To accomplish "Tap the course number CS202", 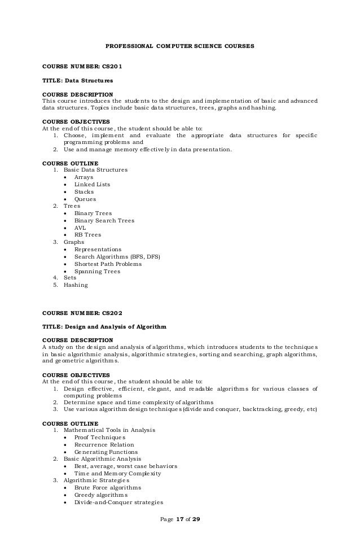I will click(111, 312).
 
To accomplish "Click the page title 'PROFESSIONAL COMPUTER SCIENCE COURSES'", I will click(180, 45).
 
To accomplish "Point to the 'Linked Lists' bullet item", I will click(92, 184).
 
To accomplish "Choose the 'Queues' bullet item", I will click(85, 199).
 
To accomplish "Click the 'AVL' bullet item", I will click(80, 228).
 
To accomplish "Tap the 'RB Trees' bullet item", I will click(87, 235).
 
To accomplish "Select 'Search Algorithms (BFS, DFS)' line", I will click(117, 256).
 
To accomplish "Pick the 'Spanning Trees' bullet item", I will click(97, 271).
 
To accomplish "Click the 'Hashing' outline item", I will click(76, 285).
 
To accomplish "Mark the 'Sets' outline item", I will click(70, 278).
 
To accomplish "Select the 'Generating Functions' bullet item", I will click(106, 452).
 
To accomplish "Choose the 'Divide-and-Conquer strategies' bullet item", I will click(118, 502).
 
